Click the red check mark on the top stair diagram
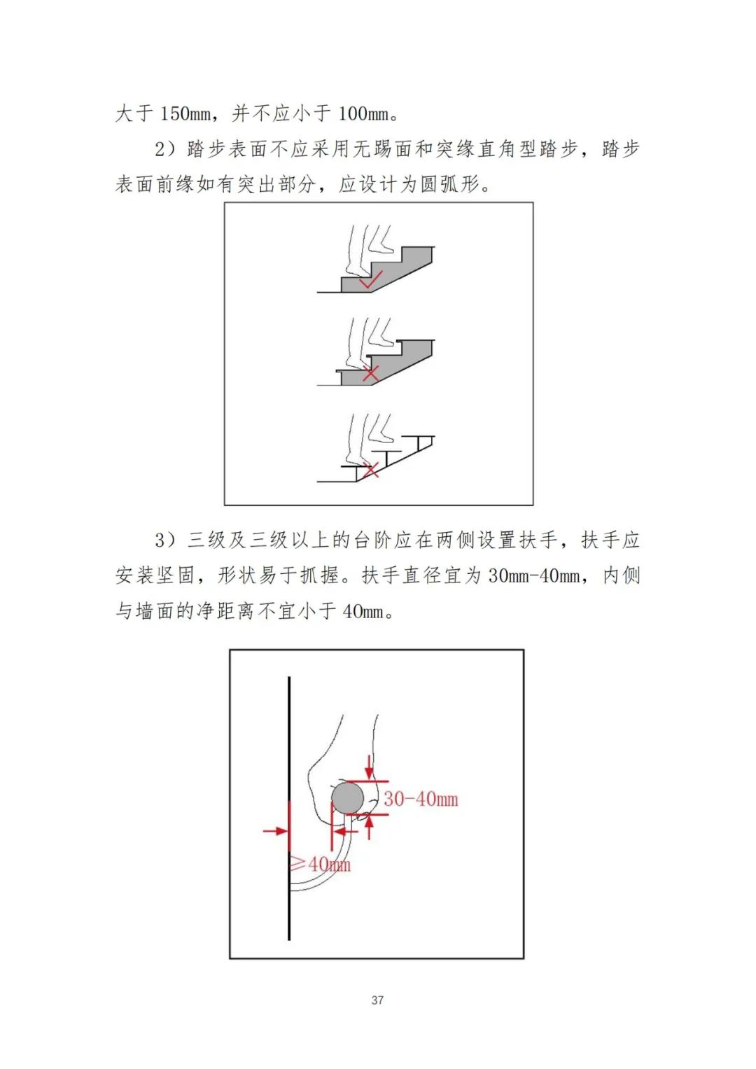coord(371,280)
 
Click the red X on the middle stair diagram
coord(370,374)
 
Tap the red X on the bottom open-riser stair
coord(370,470)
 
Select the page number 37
coord(377,1000)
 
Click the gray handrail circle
coord(347,797)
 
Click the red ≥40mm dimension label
coord(321,864)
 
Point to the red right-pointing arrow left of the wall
coord(276,831)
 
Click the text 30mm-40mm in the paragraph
coord(534,575)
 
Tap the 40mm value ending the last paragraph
coord(363,611)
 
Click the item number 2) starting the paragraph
coord(166,149)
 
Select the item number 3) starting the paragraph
coord(166,540)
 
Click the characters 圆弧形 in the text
coord(450,184)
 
